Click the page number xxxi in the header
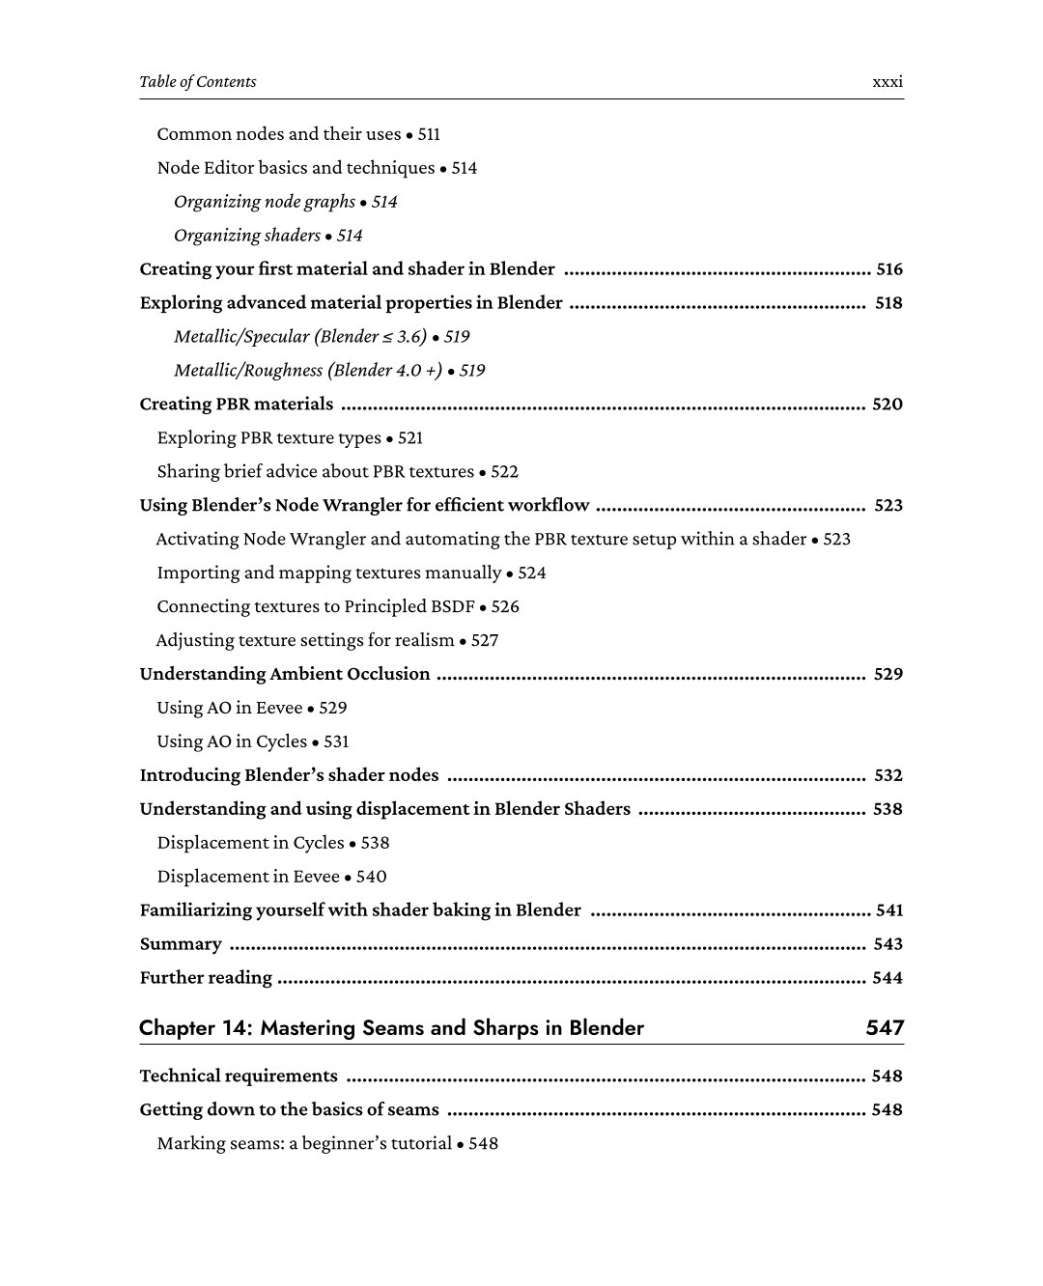[x=887, y=82]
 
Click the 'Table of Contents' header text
[x=198, y=82]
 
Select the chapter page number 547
[x=885, y=1028]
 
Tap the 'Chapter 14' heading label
[x=194, y=1028]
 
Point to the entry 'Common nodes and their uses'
[x=279, y=134]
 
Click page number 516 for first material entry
[x=888, y=269]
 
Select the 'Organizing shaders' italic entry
[x=247, y=236]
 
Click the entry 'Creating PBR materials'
[x=237, y=405]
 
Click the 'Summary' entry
[x=181, y=944]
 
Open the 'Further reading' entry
[x=206, y=978]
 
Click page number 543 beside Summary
[x=888, y=944]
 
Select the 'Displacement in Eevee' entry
[x=248, y=877]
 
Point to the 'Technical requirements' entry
[x=239, y=1076]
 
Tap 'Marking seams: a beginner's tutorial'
[x=304, y=1144]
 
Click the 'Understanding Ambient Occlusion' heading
[x=285, y=674]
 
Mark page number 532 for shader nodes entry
[x=888, y=775]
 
